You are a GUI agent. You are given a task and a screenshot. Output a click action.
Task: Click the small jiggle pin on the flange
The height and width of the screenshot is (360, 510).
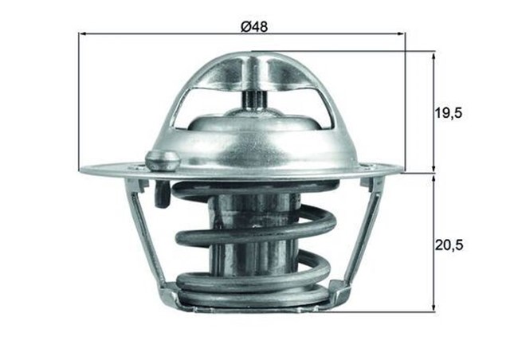pyautogui.click(x=162, y=159)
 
